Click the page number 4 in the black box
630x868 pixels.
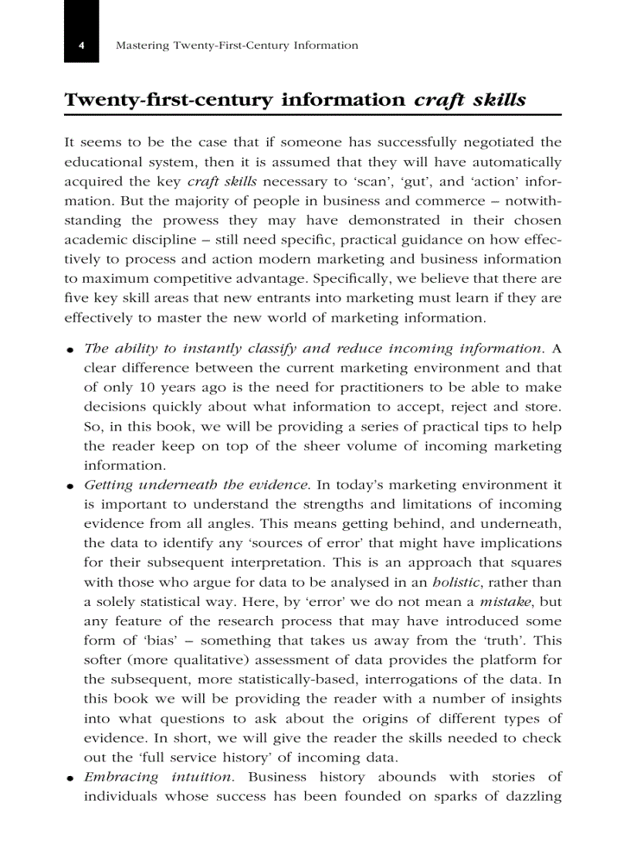[x=81, y=46]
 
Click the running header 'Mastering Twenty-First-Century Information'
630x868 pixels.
[x=236, y=46]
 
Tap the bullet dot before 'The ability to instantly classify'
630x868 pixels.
[x=69, y=350]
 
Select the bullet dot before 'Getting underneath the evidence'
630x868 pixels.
[x=69, y=487]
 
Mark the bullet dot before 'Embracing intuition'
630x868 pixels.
[x=69, y=778]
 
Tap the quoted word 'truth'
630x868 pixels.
[x=504, y=641]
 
